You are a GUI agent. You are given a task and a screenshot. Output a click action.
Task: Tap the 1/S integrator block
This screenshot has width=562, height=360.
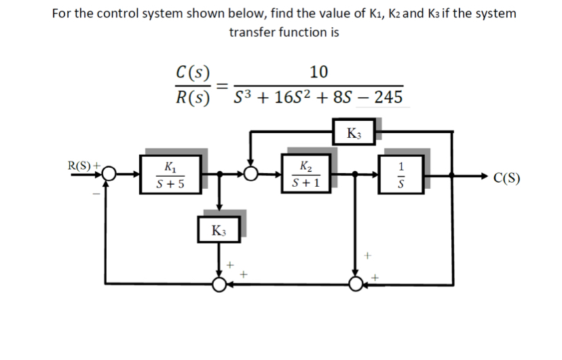(x=402, y=174)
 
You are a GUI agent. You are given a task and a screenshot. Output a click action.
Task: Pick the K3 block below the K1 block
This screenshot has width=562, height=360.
(x=219, y=230)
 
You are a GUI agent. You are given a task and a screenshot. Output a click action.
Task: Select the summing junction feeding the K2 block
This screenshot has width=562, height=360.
(x=252, y=175)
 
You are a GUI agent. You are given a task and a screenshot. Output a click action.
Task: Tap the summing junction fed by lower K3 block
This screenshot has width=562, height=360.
(x=219, y=283)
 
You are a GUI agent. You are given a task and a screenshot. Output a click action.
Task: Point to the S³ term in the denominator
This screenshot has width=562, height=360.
(x=244, y=97)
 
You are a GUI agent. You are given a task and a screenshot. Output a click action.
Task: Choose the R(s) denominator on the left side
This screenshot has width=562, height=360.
(x=192, y=97)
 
